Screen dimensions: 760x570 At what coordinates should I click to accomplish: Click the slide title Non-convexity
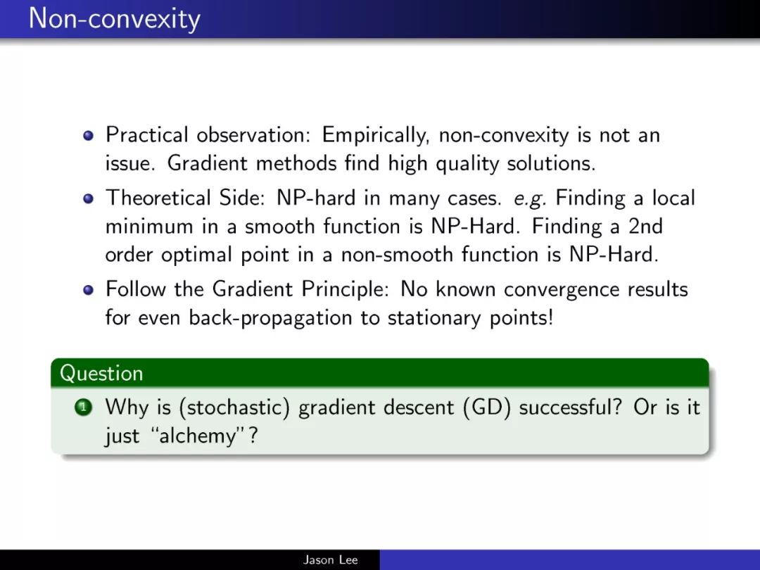(115, 20)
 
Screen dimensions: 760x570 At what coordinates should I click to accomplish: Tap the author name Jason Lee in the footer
(331, 560)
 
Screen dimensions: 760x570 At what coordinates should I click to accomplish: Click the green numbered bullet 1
(83, 407)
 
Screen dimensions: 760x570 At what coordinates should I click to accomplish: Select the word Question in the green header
(101, 374)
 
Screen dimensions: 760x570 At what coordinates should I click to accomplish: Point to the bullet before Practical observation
(88, 135)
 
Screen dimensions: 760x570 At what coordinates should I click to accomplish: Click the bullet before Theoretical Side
(88, 198)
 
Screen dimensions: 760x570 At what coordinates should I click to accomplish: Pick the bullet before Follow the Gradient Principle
(88, 289)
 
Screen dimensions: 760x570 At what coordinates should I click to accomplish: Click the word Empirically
(376, 135)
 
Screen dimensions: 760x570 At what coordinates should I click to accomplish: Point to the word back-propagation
(270, 319)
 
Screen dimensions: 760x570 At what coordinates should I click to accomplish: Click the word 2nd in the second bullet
(645, 227)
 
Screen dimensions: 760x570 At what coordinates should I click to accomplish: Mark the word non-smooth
(397, 255)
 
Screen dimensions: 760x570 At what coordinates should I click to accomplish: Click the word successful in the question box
(570, 407)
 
